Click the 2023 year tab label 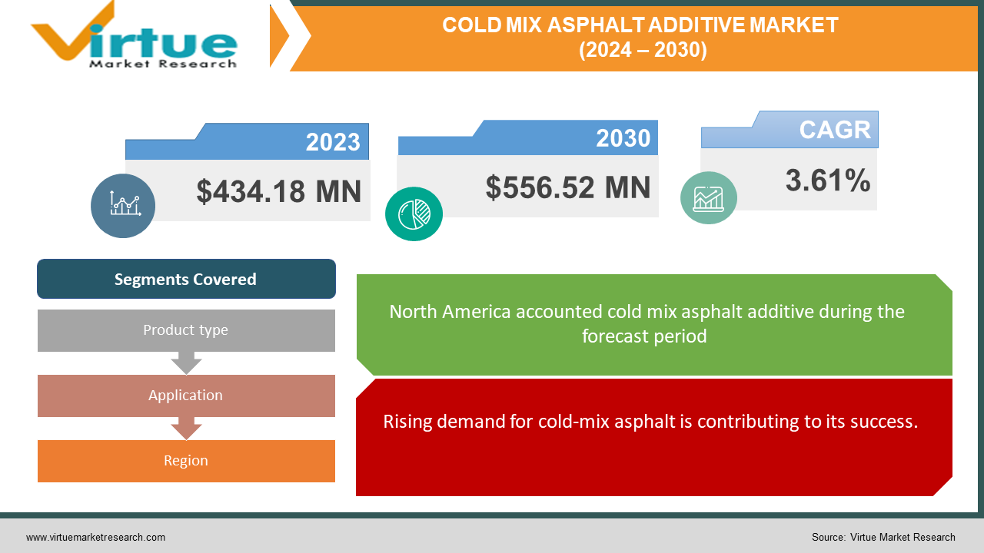click(x=333, y=142)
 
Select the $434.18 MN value click(x=278, y=191)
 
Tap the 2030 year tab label click(x=623, y=138)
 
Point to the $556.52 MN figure click(x=568, y=187)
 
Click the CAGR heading click(x=835, y=130)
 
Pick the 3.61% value click(x=828, y=181)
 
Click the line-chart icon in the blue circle click(x=123, y=205)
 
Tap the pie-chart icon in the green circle click(x=414, y=214)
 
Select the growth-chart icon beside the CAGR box click(x=708, y=198)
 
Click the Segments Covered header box click(x=186, y=279)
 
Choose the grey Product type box click(x=186, y=330)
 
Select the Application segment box click(x=186, y=396)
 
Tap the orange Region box click(x=186, y=461)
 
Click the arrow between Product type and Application click(x=186, y=363)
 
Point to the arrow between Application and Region click(x=186, y=428)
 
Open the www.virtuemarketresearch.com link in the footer click(x=95, y=538)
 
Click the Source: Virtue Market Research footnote click(x=883, y=538)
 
